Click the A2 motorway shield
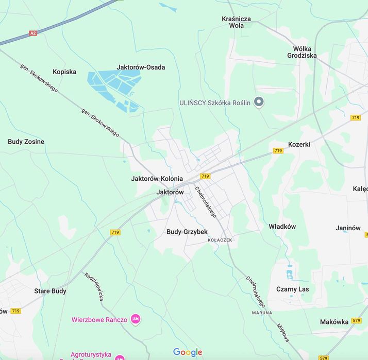coord(33,33)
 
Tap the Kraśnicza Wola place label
coord(236,22)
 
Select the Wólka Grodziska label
coord(302,52)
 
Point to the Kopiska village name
coord(64,72)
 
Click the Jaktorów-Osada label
coord(141,67)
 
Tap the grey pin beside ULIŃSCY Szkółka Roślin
coord(259,102)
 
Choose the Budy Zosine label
coord(26,142)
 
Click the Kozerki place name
coord(299,144)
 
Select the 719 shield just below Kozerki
coord(278,151)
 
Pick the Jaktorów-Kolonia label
coord(157,179)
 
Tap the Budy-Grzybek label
coord(187,232)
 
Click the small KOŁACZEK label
coord(220,241)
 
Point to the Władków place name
coord(282,226)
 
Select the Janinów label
coord(348,228)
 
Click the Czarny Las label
coord(292,289)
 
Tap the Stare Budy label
coord(50,291)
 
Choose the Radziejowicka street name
coord(94,286)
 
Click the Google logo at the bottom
coord(188,352)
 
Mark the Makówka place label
coord(334,322)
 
